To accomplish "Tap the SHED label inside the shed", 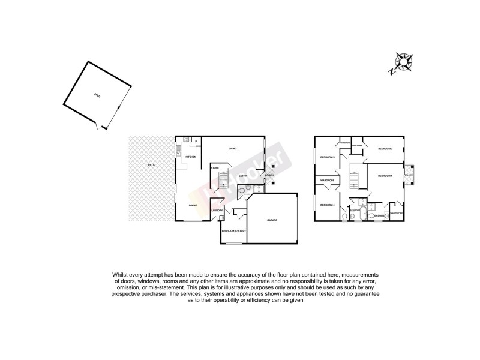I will (x=97, y=96).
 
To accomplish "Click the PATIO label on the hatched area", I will (x=152, y=164).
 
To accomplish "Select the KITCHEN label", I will (x=191, y=157).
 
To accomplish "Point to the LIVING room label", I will (x=233, y=148).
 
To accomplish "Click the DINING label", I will (x=193, y=206).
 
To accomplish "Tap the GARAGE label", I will (x=272, y=220).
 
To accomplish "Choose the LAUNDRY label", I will (x=217, y=210).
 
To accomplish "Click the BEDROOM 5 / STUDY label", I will (x=234, y=230).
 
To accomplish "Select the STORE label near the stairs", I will (x=214, y=168).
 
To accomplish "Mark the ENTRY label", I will (x=242, y=175).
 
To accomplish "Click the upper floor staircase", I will (x=354, y=179).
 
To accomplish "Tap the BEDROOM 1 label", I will (x=385, y=175).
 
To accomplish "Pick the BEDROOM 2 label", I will (x=385, y=148).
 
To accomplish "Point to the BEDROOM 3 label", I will (x=327, y=157).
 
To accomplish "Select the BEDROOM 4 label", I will (x=327, y=205).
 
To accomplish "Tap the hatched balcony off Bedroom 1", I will (x=409, y=173).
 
